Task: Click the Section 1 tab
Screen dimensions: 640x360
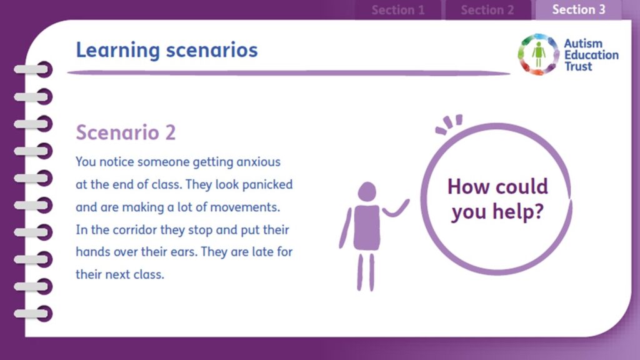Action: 398,10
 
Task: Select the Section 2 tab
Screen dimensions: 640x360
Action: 487,10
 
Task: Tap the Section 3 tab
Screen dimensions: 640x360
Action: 579,9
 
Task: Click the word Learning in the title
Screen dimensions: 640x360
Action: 118,51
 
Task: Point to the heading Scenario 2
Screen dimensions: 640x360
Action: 126,132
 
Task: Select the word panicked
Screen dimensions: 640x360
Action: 267,185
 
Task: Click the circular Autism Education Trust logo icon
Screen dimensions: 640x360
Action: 538,55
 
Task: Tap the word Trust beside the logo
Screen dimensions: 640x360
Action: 578,66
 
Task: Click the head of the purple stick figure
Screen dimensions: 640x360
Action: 367,192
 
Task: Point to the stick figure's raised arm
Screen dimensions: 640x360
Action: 396,209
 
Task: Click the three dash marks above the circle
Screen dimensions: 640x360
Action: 449,124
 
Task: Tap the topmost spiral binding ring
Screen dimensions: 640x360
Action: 34,69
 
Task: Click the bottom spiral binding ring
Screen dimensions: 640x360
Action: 34,314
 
